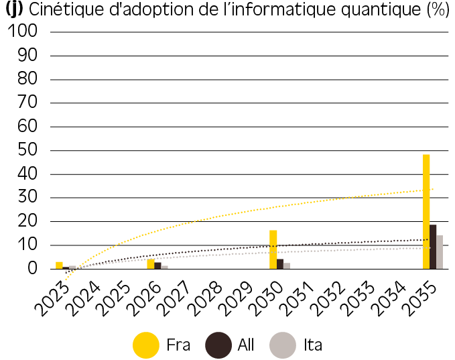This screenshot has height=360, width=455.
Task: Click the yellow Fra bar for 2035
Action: pyautogui.click(x=426, y=212)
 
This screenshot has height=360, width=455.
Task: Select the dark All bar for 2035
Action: pyautogui.click(x=433, y=247)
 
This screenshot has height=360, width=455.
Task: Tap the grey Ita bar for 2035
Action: pyautogui.click(x=440, y=252)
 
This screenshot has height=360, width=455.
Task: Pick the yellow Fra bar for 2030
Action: pyautogui.click(x=273, y=249)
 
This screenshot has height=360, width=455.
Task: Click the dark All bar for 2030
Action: pyautogui.click(x=280, y=264)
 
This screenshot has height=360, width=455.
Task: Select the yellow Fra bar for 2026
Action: pyautogui.click(x=151, y=264)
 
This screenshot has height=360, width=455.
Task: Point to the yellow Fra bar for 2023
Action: pyautogui.click(x=59, y=265)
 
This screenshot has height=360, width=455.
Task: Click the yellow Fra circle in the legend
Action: pyautogui.click(x=146, y=345)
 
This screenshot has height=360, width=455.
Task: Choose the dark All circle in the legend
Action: pyautogui.click(x=218, y=345)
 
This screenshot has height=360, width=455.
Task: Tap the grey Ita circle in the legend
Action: pyautogui.click(x=283, y=345)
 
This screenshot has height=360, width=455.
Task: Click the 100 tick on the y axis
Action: pyautogui.click(x=23, y=31)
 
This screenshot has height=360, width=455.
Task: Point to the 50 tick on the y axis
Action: pyautogui.click(x=27, y=150)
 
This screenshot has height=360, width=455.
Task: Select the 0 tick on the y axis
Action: pyautogui.click(x=32, y=269)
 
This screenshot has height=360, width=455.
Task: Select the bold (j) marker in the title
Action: pyautogui.click(x=14, y=9)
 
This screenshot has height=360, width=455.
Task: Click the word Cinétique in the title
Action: pyautogui.click(x=66, y=9)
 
